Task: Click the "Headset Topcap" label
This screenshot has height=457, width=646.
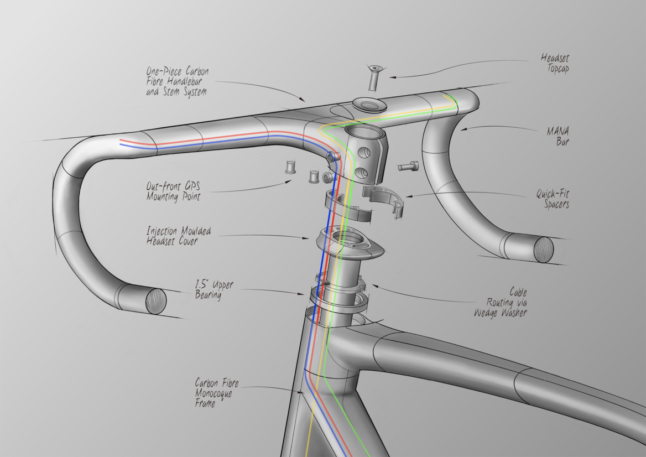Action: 554,64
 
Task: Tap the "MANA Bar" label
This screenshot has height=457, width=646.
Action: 558,136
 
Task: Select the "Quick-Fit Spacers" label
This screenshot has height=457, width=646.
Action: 553,199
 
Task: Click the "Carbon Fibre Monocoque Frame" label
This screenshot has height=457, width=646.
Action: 213,392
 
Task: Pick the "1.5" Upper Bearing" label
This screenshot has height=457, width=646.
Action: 215,290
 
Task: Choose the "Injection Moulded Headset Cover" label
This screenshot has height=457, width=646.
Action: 171,235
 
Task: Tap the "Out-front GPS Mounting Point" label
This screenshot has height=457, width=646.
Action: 174,191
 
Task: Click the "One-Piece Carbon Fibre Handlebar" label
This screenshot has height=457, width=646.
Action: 177,82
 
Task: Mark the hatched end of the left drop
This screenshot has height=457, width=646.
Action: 155,302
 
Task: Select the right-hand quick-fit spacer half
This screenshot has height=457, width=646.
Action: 383,199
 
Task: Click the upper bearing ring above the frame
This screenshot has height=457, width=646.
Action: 338,299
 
